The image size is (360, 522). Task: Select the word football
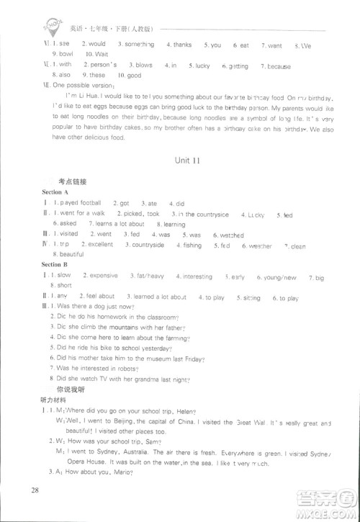tap(88, 204)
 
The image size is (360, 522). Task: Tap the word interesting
tap(197, 276)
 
